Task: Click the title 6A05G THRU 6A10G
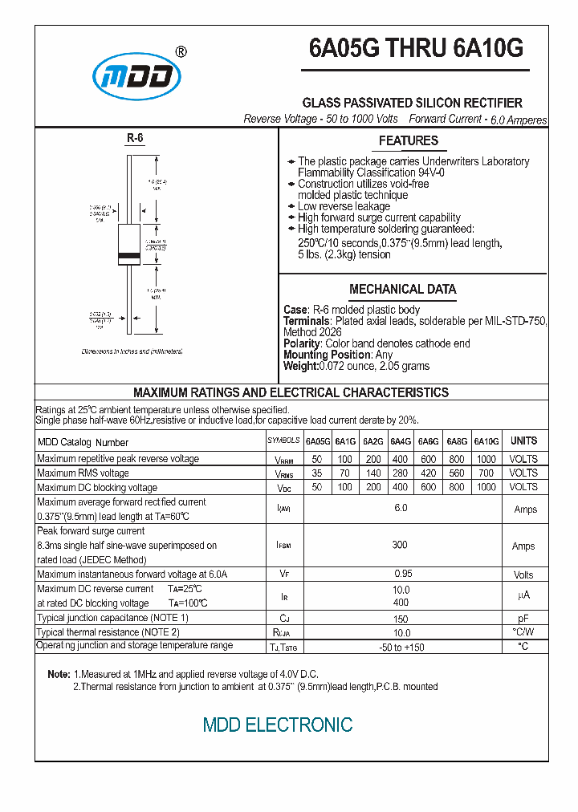click(x=416, y=49)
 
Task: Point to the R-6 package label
click(x=135, y=139)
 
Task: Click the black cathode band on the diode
click(x=129, y=257)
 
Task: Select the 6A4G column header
click(x=401, y=441)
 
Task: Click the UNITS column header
click(x=523, y=441)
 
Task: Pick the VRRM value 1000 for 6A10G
click(x=486, y=459)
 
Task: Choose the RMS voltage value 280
click(x=401, y=473)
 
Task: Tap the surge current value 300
click(x=401, y=545)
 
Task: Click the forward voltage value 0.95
click(x=401, y=574)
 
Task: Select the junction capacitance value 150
click(x=401, y=619)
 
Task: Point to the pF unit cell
click(x=523, y=619)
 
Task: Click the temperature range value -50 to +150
click(x=401, y=648)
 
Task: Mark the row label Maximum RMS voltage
click(x=83, y=473)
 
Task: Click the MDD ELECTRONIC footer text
click(x=278, y=725)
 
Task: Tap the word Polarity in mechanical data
click(x=302, y=343)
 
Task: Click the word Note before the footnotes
click(x=58, y=675)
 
